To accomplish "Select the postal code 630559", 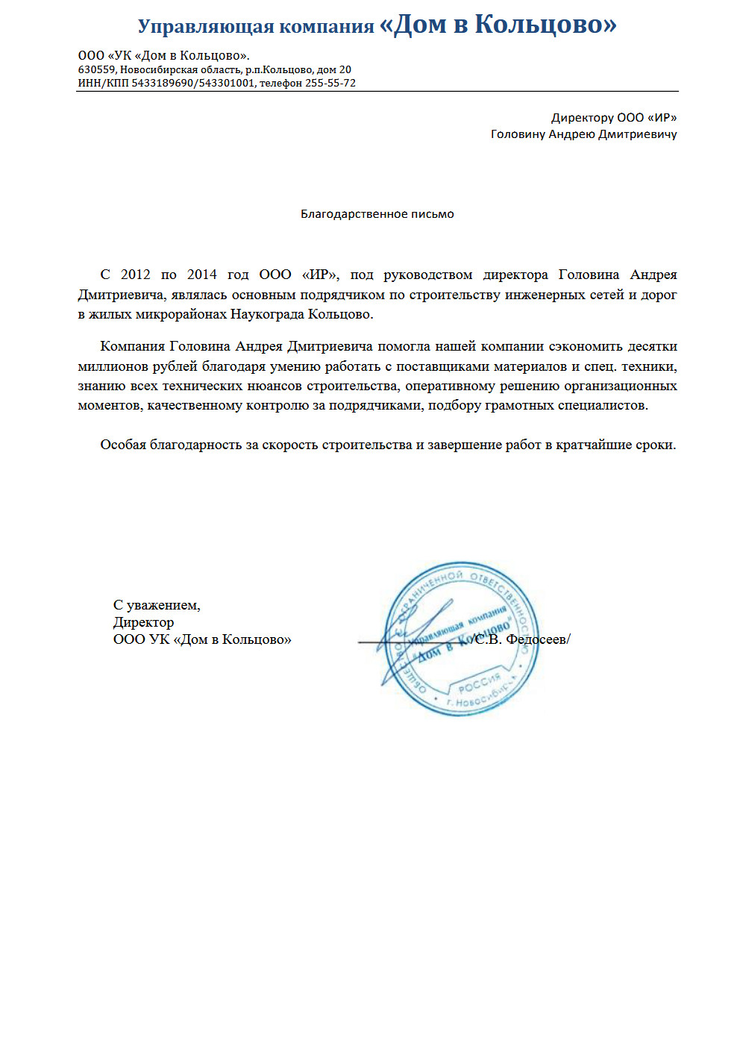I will [x=97, y=69].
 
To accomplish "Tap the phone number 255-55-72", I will [x=330, y=83].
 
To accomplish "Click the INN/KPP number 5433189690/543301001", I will [x=193, y=83].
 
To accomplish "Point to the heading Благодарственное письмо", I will [x=377, y=214].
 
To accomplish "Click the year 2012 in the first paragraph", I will [x=136, y=275].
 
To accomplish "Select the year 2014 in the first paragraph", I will [x=202, y=275].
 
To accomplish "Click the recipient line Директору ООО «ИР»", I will [x=614, y=117].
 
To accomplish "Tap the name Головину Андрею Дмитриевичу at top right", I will [x=583, y=134].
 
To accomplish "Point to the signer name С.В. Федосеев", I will [x=521, y=639].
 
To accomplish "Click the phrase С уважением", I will [x=157, y=605].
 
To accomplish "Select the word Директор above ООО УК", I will [x=143, y=622].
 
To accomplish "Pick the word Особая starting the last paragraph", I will [x=123, y=445].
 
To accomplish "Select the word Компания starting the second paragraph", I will [x=132, y=346].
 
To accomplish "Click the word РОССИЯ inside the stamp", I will [x=479, y=684].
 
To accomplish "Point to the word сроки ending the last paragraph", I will [x=656, y=445].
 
